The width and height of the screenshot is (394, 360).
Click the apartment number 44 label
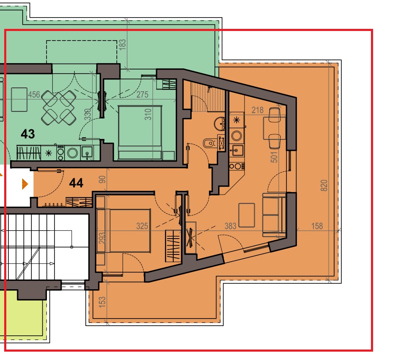click(76, 183)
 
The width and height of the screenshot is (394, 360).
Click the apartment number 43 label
click(28, 134)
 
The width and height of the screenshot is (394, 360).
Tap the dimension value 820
click(324, 185)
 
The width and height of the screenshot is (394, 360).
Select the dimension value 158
click(317, 226)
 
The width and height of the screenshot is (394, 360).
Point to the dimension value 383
click(230, 226)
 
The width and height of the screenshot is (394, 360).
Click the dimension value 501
click(274, 157)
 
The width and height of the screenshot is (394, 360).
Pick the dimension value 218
click(258, 110)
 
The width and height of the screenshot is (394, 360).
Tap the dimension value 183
click(122, 44)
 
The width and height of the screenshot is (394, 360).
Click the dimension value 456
click(34, 95)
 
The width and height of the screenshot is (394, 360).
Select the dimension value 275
click(142, 95)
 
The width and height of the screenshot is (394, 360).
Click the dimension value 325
click(142, 226)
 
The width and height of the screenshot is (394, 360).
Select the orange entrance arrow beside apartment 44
click(25, 184)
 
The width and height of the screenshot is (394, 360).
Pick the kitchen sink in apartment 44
click(237, 150)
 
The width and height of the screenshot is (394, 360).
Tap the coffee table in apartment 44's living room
click(247, 215)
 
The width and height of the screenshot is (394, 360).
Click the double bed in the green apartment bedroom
click(140, 133)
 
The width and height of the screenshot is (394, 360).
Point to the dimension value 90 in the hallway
click(102, 179)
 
